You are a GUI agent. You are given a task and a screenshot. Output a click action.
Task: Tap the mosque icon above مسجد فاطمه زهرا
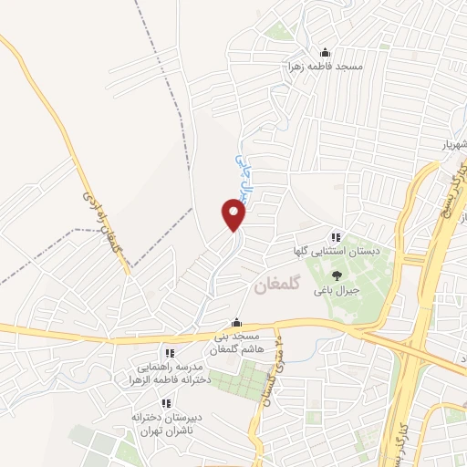tap(325, 52)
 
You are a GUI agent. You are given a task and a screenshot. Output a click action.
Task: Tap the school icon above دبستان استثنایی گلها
tap(335, 237)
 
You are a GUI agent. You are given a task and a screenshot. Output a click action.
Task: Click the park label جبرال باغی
tap(336, 291)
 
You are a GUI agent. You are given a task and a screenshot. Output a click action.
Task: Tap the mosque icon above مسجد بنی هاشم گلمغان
tap(236, 322)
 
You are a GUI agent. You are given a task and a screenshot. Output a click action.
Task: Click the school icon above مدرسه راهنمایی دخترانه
tap(168, 353)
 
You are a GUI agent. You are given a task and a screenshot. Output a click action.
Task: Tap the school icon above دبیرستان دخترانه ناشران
tap(165, 402)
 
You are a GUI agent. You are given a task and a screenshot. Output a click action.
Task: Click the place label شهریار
tap(448, 145)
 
